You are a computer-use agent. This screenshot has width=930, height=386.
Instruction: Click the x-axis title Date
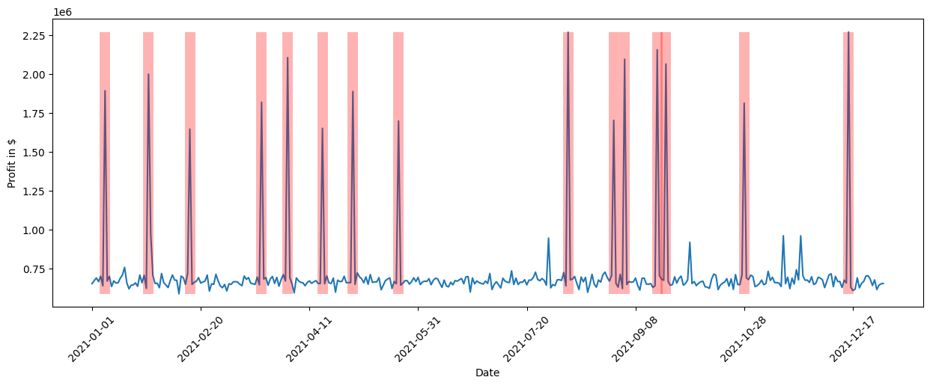[x=487, y=373]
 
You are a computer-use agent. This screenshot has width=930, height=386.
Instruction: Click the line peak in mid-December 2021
[x=848, y=32]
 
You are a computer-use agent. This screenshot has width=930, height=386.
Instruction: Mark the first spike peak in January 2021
[x=105, y=91]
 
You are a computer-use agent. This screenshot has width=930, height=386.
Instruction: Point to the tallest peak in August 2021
[x=568, y=32]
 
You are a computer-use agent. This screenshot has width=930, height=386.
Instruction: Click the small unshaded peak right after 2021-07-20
[x=548, y=238]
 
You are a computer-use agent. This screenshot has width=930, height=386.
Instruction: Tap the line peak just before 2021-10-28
[x=744, y=103]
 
